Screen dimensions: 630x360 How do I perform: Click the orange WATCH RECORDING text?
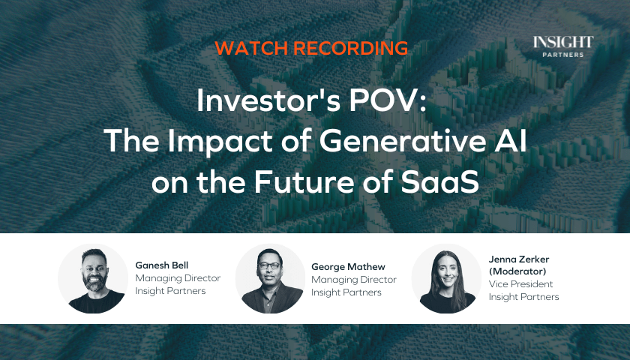click(x=311, y=48)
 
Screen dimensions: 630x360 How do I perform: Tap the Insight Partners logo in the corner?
click(x=563, y=46)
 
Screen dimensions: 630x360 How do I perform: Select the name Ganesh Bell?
click(x=161, y=265)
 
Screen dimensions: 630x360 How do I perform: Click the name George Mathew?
click(x=348, y=267)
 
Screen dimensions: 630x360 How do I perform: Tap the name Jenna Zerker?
click(x=519, y=259)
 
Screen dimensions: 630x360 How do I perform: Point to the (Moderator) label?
click(x=517, y=271)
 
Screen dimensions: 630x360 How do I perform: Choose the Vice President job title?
click(x=520, y=284)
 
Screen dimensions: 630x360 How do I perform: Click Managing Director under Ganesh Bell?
click(x=178, y=278)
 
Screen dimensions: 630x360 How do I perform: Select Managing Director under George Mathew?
click(x=353, y=280)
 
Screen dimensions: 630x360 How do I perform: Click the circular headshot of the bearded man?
click(x=93, y=278)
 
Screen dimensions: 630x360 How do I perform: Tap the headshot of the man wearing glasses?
click(x=271, y=278)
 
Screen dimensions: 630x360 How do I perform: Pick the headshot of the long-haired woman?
click(x=446, y=278)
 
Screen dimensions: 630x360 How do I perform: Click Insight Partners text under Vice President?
click(x=523, y=297)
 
